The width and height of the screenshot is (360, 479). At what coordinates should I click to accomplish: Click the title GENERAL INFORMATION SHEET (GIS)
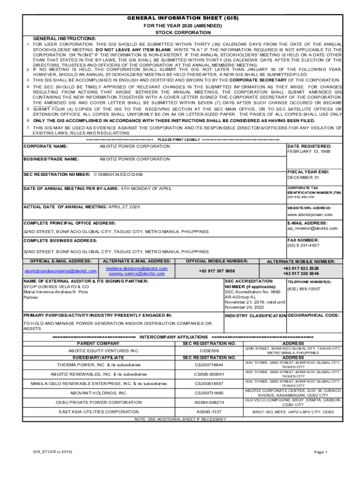pos(183,18)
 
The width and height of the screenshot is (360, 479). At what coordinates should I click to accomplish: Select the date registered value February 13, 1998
pos(309,152)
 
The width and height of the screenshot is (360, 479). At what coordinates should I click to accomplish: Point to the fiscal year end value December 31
pos(303,178)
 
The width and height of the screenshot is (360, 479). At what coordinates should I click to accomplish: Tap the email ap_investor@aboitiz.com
pos(312,228)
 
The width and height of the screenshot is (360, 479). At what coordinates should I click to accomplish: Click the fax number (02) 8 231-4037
pos(303,245)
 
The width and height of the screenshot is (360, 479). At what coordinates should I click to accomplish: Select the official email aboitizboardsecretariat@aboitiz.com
pos(60,271)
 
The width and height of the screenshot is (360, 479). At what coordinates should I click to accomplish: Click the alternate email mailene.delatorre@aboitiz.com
pos(137,269)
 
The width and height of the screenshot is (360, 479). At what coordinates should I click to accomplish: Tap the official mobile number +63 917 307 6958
pos(216,271)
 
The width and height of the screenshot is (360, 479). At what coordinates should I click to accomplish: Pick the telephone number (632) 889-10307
pos(304,289)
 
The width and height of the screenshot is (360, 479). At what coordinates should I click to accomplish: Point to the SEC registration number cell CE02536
pos(209,350)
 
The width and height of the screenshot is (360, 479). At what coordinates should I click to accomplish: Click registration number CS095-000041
pos(209,374)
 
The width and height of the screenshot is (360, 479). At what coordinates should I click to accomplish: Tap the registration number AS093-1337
pos(209,412)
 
